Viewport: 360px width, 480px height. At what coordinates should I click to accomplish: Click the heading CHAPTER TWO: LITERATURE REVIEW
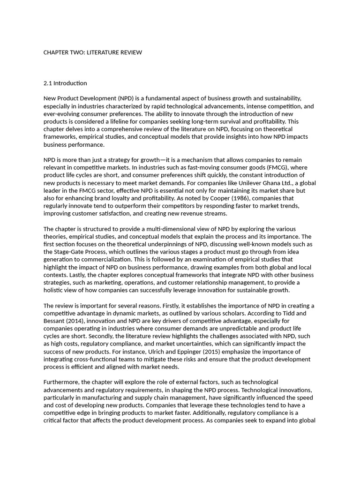92,52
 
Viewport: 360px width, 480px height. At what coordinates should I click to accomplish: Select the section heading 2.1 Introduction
65,83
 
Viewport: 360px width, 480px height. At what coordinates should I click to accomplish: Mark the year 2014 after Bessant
77,321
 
